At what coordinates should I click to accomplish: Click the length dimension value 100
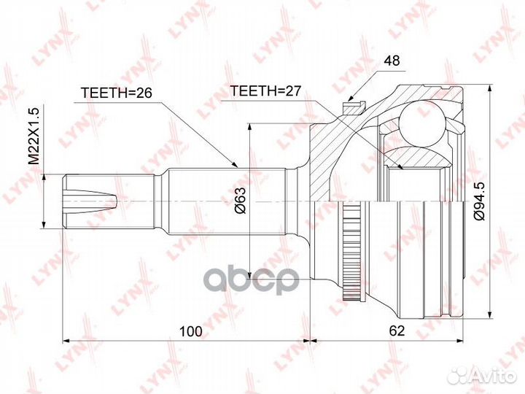click(190, 331)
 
